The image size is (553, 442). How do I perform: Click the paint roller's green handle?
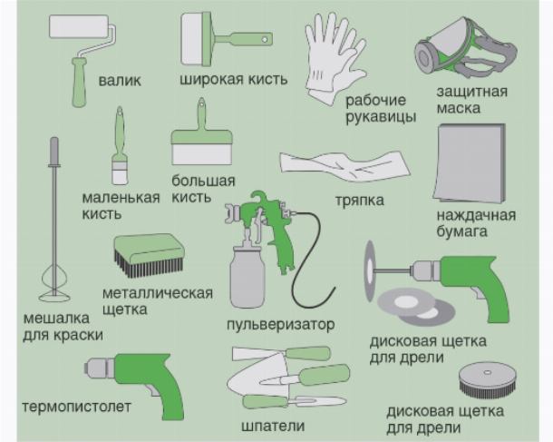(79, 83)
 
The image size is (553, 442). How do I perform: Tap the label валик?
(120, 81)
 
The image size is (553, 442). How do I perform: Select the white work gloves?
(333, 58)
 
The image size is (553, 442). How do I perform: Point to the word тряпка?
(359, 201)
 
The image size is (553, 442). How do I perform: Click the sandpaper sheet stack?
(470, 163)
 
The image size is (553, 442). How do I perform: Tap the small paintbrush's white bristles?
(119, 176)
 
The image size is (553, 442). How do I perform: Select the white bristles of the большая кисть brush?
(201, 154)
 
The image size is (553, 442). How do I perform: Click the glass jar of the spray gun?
(247, 277)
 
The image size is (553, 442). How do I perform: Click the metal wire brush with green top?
(149, 255)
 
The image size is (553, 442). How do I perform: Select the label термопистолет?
(76, 407)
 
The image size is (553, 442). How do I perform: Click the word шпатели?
(273, 426)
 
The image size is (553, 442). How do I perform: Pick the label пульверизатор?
(281, 324)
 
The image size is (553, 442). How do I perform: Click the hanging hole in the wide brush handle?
(264, 38)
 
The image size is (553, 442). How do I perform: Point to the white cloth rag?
(344, 165)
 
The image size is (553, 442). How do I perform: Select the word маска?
(459, 108)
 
